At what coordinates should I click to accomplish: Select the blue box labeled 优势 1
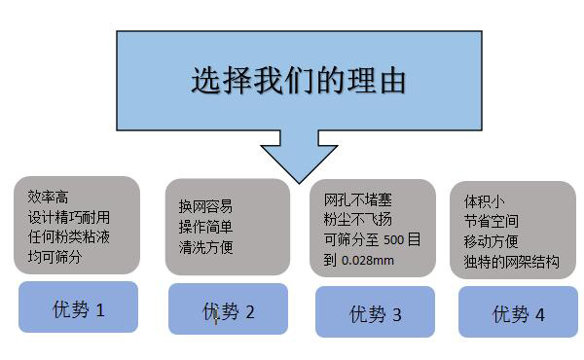point(78,309)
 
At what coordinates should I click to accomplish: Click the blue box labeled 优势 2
point(228,311)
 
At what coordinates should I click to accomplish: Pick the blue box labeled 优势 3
point(375,313)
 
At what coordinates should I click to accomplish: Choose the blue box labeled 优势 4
point(518,313)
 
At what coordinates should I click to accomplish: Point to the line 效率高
point(49,197)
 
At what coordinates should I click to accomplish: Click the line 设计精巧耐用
point(69,217)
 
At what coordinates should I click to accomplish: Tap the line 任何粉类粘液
point(69,237)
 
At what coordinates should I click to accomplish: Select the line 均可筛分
point(55,258)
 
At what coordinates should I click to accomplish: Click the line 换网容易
point(205,206)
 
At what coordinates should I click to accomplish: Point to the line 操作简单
point(205,227)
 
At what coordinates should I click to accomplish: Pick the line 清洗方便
point(205,247)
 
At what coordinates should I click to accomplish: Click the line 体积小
point(484,201)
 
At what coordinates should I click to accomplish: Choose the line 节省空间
point(491,222)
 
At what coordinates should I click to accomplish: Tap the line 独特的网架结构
point(512,263)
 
